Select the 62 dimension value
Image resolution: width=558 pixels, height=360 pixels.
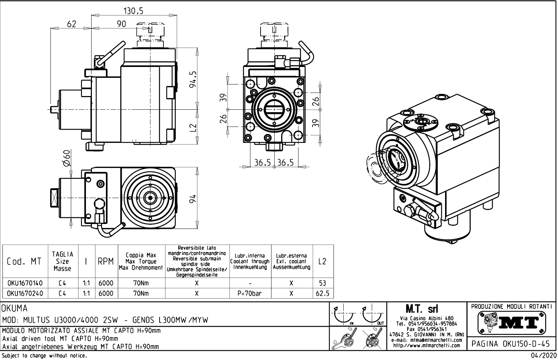[72, 24]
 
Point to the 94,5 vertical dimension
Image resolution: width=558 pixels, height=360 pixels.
[193, 80]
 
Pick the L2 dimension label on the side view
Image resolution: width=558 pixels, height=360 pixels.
[193, 129]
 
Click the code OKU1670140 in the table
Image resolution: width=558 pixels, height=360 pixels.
[25, 283]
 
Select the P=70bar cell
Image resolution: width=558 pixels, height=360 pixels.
[250, 293]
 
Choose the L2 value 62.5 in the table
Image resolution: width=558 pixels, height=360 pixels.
[322, 293]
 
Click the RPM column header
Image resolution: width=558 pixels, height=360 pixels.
[106, 262]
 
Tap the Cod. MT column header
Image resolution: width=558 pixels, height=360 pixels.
[24, 262]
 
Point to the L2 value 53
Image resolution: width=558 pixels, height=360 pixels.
[322, 283]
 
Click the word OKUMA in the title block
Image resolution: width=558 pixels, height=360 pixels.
[15, 309]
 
